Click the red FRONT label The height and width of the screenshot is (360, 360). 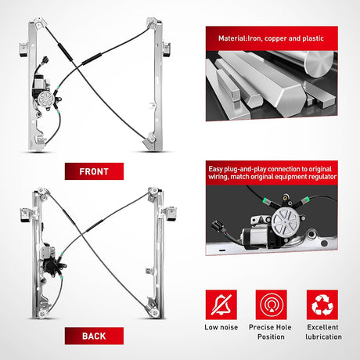coord(94,171)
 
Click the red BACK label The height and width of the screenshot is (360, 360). coord(94,336)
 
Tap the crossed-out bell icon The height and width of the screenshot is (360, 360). coord(221,304)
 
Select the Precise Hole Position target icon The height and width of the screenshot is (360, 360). coord(272,304)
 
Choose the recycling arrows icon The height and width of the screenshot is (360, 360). coord(322,304)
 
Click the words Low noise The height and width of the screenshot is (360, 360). coord(221,327)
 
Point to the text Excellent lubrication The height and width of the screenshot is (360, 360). coord(323,332)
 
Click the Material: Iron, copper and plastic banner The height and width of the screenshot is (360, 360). coord(272,38)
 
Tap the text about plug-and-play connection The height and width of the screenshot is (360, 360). coord(272,173)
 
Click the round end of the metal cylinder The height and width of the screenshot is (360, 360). coord(319,63)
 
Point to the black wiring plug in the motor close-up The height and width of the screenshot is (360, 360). coord(218,226)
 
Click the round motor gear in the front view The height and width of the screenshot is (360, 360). coord(45,99)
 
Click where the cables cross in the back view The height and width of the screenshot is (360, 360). coord(83,233)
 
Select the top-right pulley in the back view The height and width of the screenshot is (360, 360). coord(153,191)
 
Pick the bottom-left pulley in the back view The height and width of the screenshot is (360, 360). coord(42,314)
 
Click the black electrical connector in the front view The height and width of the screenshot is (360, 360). coord(45,60)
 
